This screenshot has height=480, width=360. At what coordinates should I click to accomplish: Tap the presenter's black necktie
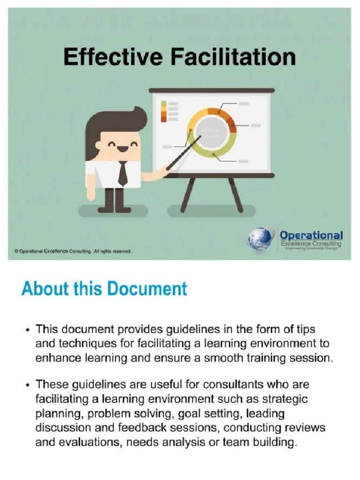(122, 173)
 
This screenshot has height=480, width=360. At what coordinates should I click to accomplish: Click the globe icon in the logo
(261, 239)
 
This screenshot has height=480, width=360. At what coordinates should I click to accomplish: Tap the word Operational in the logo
(311, 235)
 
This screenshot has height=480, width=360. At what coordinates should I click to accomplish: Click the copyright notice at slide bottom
(73, 251)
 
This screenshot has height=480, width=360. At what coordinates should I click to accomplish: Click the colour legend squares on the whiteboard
(164, 111)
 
